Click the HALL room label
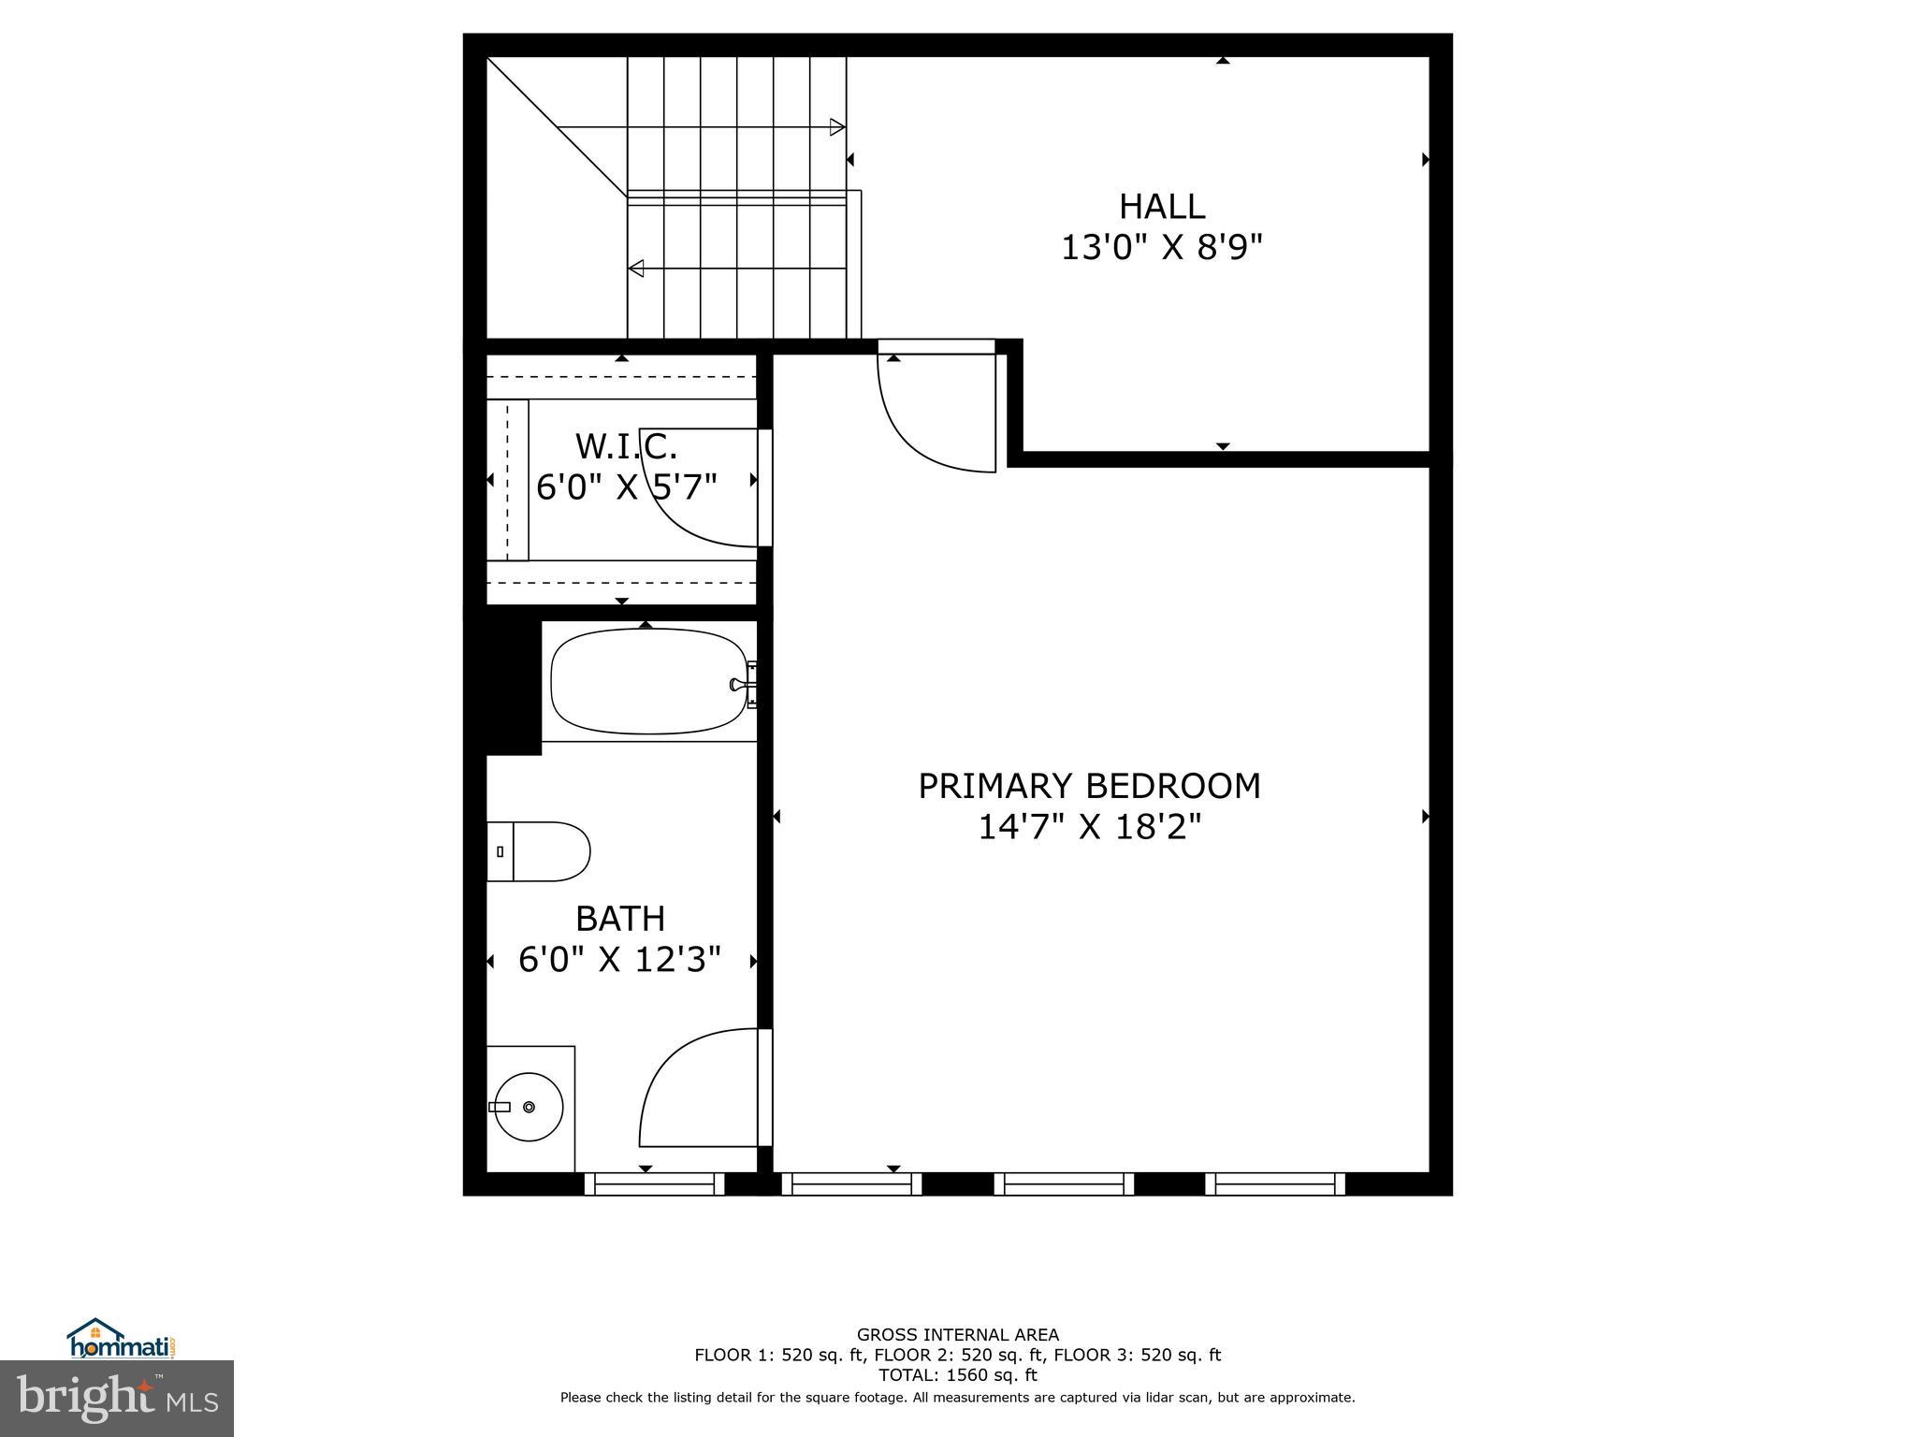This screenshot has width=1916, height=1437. point(1162,206)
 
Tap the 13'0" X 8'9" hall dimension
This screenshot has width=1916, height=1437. point(1162,248)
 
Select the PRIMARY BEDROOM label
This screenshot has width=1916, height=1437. point(1089,786)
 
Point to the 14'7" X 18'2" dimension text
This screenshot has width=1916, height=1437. point(1089,828)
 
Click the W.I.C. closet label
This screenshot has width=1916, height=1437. point(626,447)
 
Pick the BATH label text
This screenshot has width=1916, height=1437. point(620,919)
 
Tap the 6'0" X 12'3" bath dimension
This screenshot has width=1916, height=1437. point(620,960)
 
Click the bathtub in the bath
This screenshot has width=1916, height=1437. point(648,681)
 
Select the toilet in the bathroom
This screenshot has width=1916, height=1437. point(539,851)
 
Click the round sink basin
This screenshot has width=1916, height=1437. point(529,1107)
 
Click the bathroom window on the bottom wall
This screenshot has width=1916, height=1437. point(654,1184)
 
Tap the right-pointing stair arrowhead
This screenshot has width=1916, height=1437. point(837,127)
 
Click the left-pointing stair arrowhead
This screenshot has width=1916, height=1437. point(636,269)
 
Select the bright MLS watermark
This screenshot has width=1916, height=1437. point(117,1398)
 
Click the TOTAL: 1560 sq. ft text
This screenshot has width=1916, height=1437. point(957,1375)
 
